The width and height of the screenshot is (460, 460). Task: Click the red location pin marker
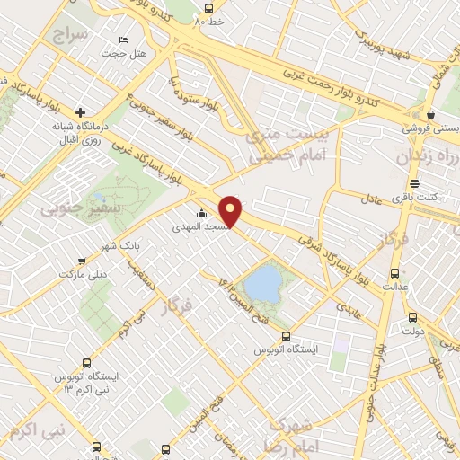click(x=232, y=210)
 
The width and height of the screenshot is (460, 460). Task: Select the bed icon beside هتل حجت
click(x=123, y=40)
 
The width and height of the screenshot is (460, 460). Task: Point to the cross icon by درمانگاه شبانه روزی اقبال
click(x=81, y=113)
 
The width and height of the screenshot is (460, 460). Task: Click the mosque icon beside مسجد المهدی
click(x=200, y=214)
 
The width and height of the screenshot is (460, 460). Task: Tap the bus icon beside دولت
click(x=412, y=317)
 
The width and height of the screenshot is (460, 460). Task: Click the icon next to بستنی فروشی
click(x=432, y=115)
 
